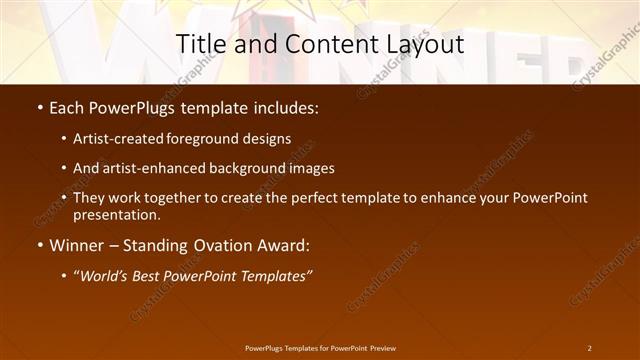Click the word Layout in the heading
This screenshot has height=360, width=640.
pyautogui.click(x=424, y=44)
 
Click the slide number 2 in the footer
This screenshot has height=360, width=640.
pyautogui.click(x=589, y=348)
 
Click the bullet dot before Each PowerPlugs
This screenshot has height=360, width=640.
pyautogui.click(x=39, y=107)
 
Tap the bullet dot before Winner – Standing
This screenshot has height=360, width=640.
pyautogui.click(x=39, y=244)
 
